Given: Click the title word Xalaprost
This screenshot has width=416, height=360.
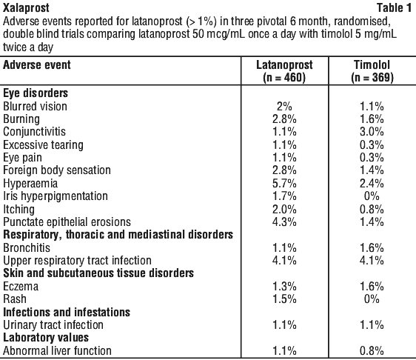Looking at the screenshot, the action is (x=26, y=8).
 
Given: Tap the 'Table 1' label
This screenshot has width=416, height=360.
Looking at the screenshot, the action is (x=395, y=8).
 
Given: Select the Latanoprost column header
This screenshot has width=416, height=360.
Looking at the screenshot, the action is (x=284, y=71).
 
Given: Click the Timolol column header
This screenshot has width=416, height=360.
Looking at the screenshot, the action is (x=372, y=71).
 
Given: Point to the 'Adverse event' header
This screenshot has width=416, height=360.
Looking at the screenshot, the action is (x=37, y=65).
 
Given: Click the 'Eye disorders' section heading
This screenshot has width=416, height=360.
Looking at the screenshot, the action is (x=36, y=93).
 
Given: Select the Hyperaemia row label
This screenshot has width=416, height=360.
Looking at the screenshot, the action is (x=30, y=184).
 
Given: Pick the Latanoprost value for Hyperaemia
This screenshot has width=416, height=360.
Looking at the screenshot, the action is (x=284, y=184).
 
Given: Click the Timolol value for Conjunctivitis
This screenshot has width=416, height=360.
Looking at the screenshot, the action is (x=372, y=132).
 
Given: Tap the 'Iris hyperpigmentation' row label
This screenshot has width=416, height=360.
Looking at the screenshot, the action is (x=56, y=196).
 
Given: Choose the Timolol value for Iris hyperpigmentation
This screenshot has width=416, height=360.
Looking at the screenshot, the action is (x=372, y=196).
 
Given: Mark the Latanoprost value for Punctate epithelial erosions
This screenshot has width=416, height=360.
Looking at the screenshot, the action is (x=284, y=222).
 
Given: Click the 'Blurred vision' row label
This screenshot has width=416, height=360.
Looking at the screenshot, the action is (x=35, y=106).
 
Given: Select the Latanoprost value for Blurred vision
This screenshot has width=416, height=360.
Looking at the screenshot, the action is (x=284, y=107).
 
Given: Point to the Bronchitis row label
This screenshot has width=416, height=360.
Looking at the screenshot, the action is (x=27, y=247).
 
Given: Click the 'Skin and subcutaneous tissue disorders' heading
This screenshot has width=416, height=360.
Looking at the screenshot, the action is (x=98, y=273).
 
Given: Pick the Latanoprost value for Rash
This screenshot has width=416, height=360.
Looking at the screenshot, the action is (x=284, y=299).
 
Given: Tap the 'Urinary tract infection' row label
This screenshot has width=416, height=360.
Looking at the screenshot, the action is (x=53, y=325).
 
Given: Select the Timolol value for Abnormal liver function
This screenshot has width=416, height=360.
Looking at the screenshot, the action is (x=372, y=350).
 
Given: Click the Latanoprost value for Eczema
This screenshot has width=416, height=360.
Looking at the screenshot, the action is (x=284, y=287).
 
